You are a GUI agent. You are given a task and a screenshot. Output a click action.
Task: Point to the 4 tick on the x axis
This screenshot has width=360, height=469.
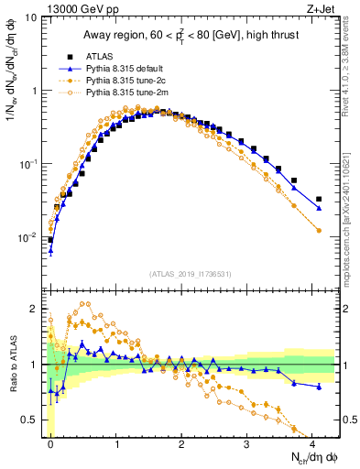click(311, 442)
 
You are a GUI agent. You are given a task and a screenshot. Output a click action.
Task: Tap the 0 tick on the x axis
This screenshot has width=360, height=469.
click(50, 442)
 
